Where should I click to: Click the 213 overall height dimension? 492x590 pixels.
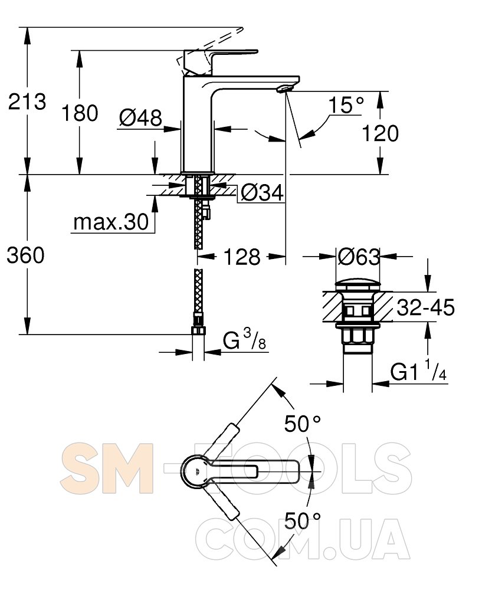click(x=27, y=101)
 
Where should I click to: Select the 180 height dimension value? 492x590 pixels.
click(x=80, y=113)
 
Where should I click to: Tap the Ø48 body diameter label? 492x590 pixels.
click(x=140, y=118)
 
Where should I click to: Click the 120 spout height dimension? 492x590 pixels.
click(x=381, y=133)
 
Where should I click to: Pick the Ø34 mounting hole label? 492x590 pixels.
click(x=262, y=193)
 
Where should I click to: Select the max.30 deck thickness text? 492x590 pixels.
click(x=111, y=222)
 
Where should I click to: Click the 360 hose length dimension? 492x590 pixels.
click(x=25, y=255)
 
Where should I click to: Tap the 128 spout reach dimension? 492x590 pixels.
click(x=242, y=257)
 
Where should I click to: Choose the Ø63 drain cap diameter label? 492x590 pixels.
click(x=359, y=257)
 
